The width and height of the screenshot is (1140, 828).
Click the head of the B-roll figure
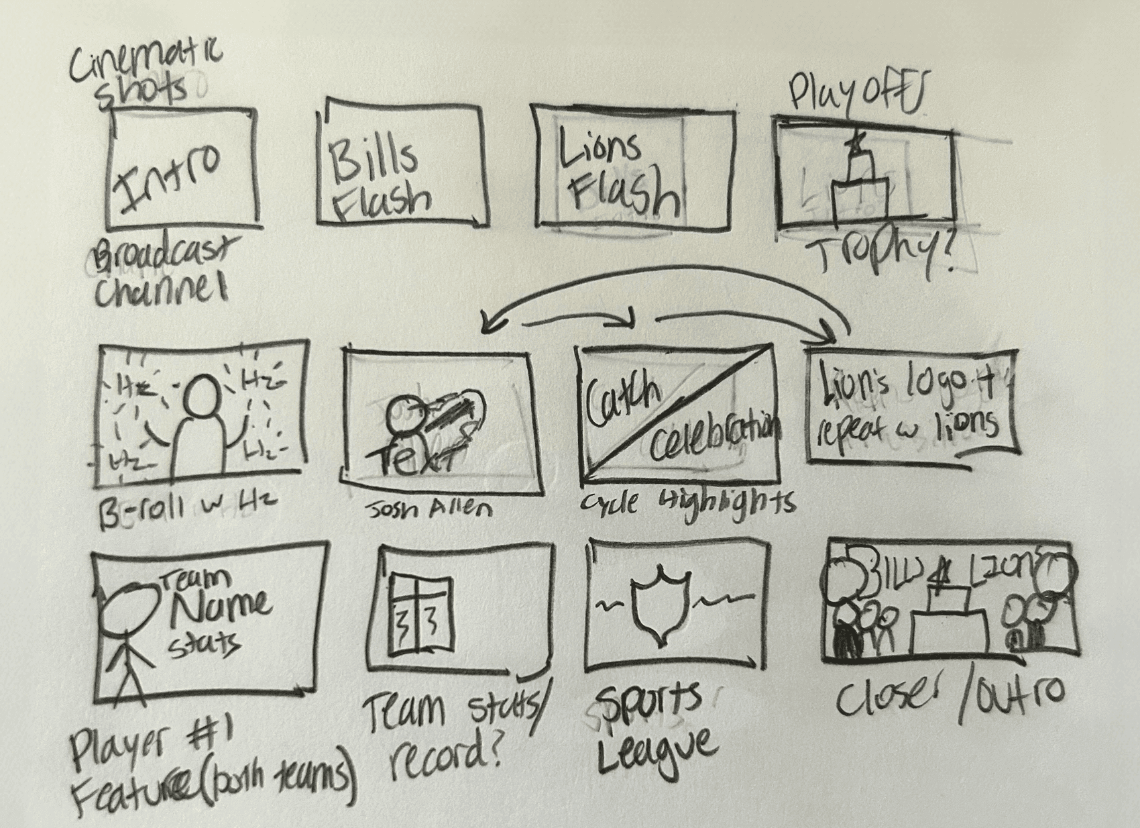(200, 397)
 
